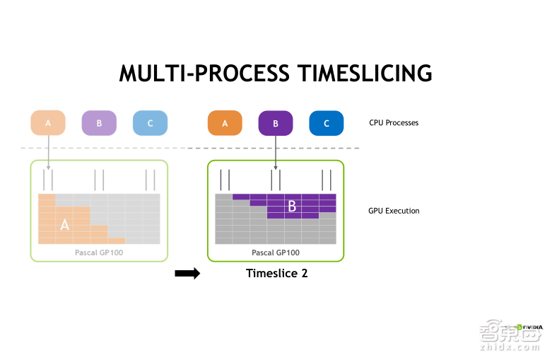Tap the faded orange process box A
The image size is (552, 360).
(x=48, y=123)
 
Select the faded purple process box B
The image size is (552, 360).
(x=99, y=123)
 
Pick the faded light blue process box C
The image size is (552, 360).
(x=150, y=123)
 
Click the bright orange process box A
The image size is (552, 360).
(x=225, y=123)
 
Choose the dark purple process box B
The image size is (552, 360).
(x=276, y=123)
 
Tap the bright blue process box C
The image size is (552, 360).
(x=327, y=123)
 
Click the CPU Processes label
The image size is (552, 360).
(x=394, y=123)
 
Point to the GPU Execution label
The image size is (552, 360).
(x=394, y=211)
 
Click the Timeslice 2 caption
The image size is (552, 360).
(x=276, y=273)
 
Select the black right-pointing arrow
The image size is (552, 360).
(x=187, y=274)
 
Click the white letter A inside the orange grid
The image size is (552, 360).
(x=65, y=225)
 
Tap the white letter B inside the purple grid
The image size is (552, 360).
(x=291, y=207)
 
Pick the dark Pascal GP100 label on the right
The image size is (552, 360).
(x=276, y=252)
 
